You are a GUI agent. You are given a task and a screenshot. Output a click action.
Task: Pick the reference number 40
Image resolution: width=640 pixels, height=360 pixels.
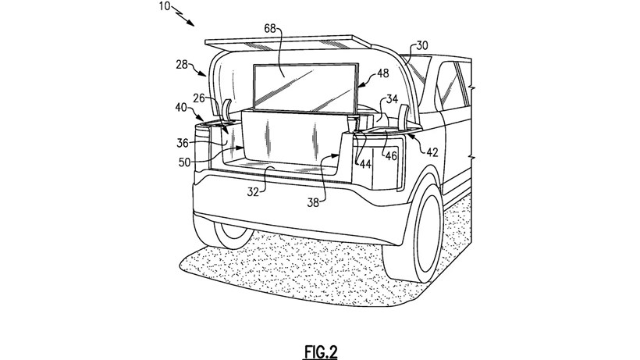pyautogui.click(x=180, y=107)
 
